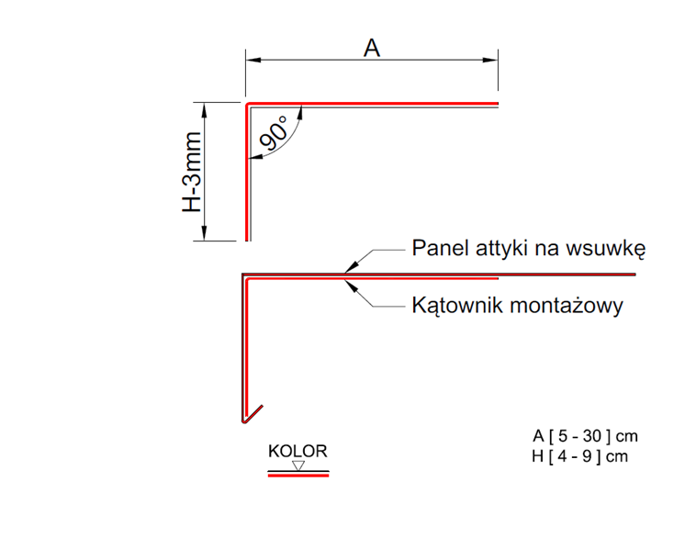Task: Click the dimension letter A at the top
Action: coord(371,48)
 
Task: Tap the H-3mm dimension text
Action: coord(191,172)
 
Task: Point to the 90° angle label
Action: coord(273,135)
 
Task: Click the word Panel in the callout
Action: coord(439,249)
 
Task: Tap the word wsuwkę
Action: coord(612,249)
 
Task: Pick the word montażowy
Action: coord(572,306)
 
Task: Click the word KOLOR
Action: coord(297,452)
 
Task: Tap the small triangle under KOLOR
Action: coord(297,465)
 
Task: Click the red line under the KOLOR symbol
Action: coord(297,476)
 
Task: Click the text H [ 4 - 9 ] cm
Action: coord(579,456)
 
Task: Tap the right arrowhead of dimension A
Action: coord(492,60)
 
